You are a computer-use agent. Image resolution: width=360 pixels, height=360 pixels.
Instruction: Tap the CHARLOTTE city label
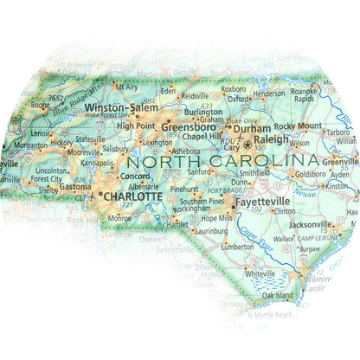(x=132, y=196)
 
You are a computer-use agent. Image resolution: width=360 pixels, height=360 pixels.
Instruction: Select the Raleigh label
(x=272, y=138)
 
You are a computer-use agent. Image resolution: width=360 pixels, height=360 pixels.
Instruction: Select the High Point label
(x=133, y=125)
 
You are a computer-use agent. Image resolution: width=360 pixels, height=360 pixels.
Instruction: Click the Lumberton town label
(x=238, y=246)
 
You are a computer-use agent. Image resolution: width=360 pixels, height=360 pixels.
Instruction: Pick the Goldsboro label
(x=311, y=174)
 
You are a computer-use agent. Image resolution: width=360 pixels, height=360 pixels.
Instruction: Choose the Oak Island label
(x=280, y=296)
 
